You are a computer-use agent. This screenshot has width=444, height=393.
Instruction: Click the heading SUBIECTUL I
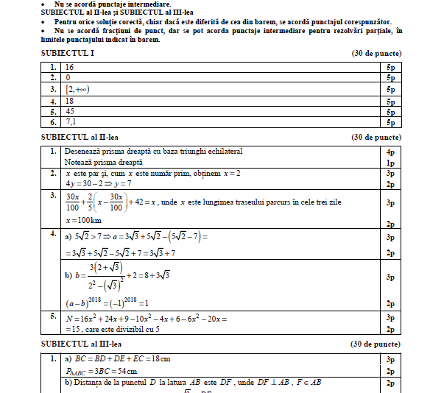(66, 54)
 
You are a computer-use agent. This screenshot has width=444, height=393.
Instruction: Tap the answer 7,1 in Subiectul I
(71, 123)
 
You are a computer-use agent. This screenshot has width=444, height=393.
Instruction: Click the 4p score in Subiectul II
(390, 152)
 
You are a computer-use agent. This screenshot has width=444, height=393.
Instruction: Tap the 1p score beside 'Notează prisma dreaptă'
(390, 162)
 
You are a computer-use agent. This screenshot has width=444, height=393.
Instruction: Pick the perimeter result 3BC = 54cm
(99, 372)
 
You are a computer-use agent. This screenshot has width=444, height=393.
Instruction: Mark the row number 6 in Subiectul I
(53, 123)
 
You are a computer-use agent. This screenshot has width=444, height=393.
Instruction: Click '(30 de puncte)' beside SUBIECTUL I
(376, 54)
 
